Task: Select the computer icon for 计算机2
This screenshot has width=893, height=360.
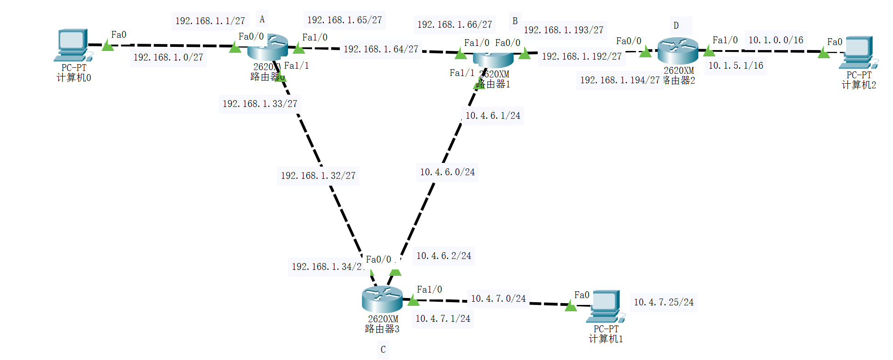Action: coord(858,52)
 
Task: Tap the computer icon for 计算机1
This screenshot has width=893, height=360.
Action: coord(605,306)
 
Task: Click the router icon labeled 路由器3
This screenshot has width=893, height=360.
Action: coord(382,299)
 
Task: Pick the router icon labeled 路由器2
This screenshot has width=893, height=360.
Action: coord(677,51)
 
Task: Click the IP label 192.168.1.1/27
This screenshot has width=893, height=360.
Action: coord(210,21)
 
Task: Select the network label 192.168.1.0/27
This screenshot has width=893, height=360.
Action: coord(168,57)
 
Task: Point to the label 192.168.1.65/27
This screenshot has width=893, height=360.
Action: coord(344,20)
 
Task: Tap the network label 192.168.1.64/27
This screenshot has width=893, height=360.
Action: coord(381,49)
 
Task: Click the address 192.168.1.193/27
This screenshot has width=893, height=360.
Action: coord(563,30)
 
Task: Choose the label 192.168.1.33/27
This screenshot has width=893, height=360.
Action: coord(260,104)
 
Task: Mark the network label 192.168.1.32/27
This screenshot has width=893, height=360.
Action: coord(318,176)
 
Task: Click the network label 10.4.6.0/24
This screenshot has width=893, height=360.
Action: coord(447,172)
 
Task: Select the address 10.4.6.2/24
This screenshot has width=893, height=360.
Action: coord(444,256)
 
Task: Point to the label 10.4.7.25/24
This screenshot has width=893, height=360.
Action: coord(664,302)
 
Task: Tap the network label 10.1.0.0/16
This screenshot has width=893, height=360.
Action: coord(776,40)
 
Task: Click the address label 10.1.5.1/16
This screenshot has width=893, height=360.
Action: coord(736,66)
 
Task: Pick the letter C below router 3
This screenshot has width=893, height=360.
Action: coord(383,350)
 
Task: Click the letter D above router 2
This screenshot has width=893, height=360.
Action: coord(676,25)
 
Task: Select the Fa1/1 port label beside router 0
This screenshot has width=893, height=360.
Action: coord(297,66)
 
